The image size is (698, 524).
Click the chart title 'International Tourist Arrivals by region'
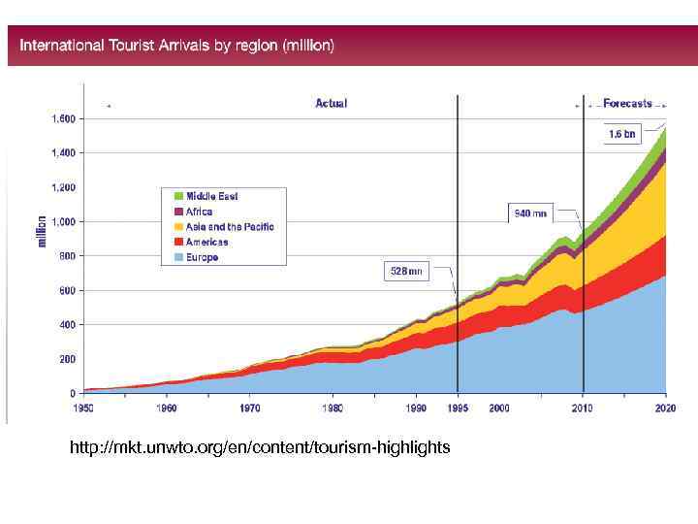tap(177, 46)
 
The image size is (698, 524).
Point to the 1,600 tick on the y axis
tap(63, 118)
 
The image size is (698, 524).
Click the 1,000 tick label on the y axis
tap(63, 221)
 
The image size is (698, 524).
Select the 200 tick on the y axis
tap(67, 359)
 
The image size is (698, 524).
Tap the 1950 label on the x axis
tap(86, 409)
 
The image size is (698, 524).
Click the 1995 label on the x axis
tap(457, 409)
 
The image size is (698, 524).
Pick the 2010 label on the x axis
tap(583, 409)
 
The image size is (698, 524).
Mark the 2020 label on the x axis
tap(666, 409)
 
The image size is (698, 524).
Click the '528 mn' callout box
tap(406, 272)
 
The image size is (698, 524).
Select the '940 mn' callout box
tap(530, 213)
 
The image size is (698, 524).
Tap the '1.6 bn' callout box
tap(621, 135)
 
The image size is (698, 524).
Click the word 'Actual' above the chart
tap(331, 103)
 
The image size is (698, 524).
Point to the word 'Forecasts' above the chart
tap(627, 103)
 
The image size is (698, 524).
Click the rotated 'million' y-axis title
tap(42, 230)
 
